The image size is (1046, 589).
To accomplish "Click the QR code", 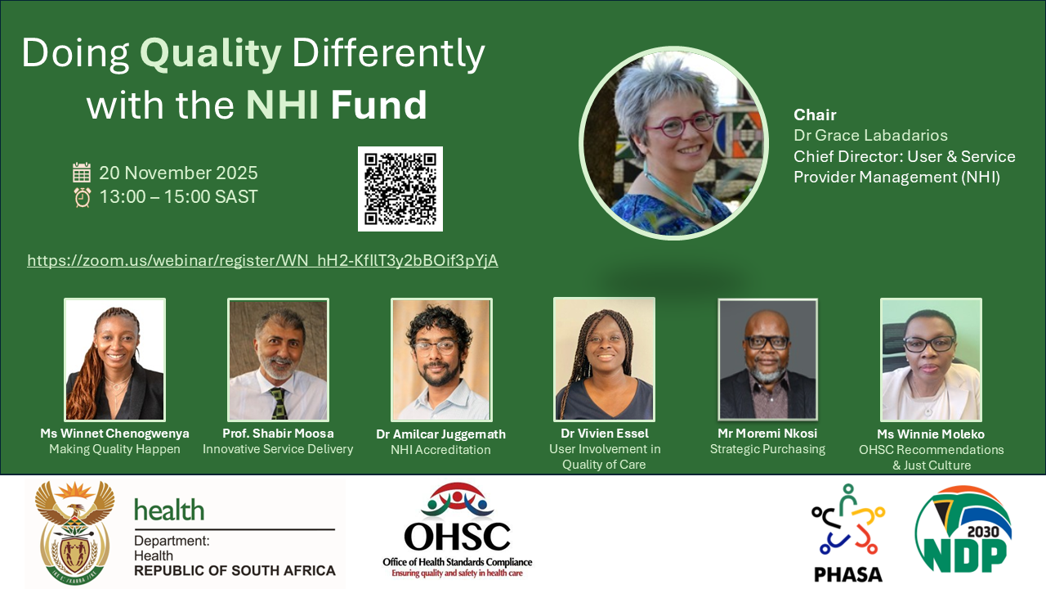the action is [x=400, y=189].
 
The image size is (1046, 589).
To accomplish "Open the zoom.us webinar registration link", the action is [x=262, y=260].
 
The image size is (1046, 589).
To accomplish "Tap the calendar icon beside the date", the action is [x=82, y=173].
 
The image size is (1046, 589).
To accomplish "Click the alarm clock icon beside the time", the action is [x=83, y=197].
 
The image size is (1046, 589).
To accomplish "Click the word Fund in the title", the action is [x=378, y=104].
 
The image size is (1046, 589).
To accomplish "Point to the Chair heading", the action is [x=815, y=115].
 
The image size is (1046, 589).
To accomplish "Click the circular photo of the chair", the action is [x=673, y=143].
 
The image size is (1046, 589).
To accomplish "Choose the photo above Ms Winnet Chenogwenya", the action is [x=115, y=359].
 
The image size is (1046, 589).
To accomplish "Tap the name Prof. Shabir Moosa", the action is [x=278, y=434].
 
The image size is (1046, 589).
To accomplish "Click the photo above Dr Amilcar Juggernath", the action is [x=441, y=359].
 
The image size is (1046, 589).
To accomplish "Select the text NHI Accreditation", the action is [x=440, y=450].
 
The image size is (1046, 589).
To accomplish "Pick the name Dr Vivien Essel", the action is [x=605, y=434].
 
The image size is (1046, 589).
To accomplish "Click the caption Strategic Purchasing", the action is [x=767, y=449].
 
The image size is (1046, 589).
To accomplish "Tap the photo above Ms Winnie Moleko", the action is [x=931, y=359].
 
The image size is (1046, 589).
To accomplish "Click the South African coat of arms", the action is [x=74, y=533].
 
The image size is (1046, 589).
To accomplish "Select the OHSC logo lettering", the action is [x=457, y=536].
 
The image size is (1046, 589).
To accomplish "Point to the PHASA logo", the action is [x=848, y=533].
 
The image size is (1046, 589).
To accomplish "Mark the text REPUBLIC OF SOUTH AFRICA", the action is [x=235, y=571].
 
